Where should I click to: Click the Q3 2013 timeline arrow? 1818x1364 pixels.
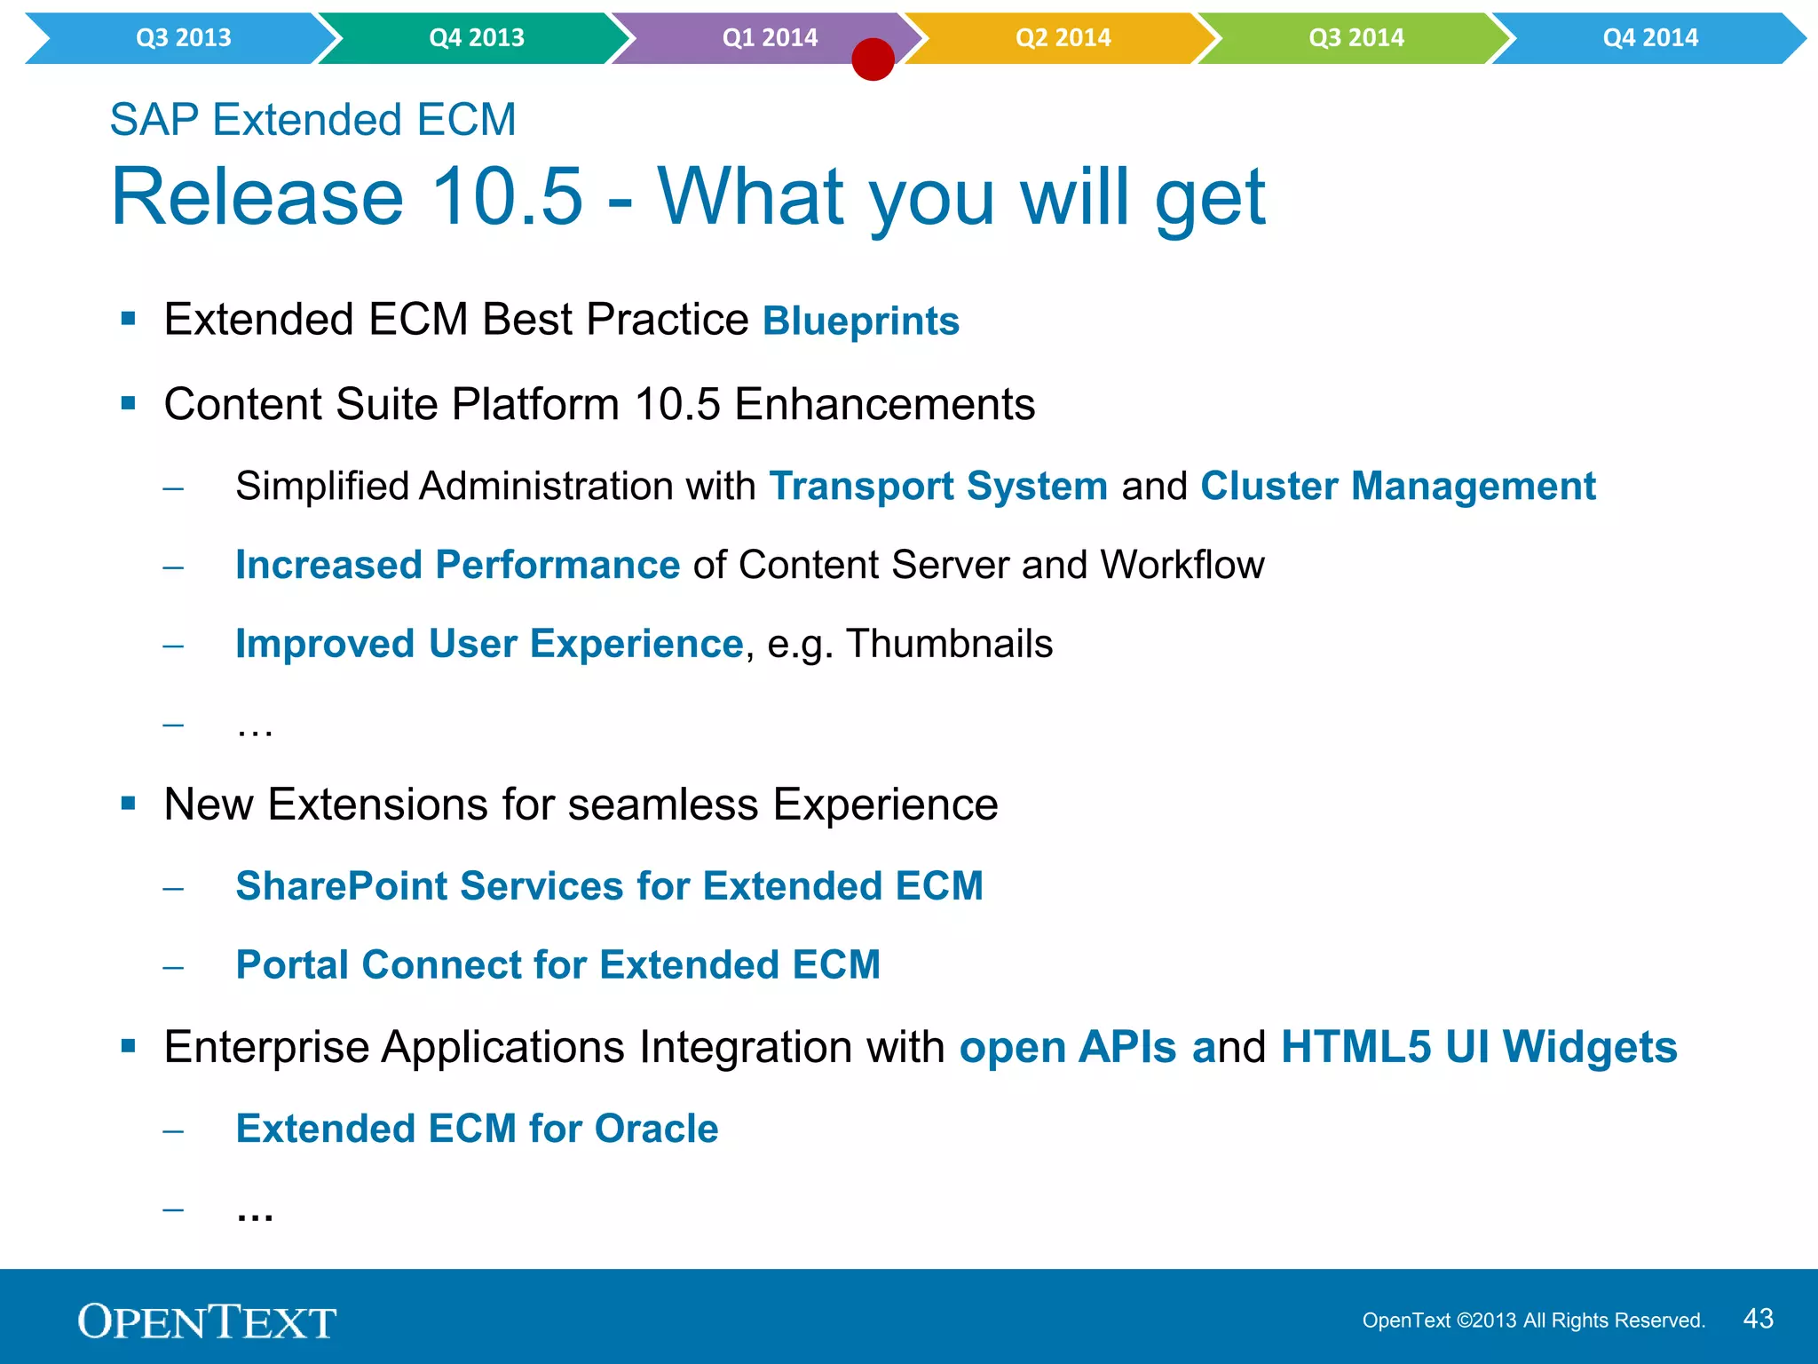183,38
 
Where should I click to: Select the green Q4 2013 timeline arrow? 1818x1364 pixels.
476,38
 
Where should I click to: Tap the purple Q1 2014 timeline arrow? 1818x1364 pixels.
769,38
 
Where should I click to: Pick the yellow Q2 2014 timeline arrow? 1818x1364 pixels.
1063,38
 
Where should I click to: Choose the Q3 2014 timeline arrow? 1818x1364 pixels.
1356,38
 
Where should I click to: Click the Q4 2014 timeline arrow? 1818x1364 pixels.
1649,38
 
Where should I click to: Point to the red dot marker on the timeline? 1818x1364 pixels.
873,59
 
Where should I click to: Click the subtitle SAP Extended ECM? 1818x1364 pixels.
312,120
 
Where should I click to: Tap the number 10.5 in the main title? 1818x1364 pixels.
507,197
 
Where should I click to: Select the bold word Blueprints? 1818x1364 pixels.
860,321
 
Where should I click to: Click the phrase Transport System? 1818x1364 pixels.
938,487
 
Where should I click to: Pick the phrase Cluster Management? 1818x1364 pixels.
1397,487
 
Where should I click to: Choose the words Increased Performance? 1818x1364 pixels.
457,566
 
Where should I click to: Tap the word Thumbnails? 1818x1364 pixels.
949,645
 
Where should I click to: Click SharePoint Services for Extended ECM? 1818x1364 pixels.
609,886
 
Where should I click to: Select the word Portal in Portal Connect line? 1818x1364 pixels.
292,965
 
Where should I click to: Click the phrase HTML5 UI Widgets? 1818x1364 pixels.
1478,1047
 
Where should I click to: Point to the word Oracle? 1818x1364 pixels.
656,1129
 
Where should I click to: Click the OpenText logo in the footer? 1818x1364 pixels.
207,1321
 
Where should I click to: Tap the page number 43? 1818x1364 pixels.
1758,1319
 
